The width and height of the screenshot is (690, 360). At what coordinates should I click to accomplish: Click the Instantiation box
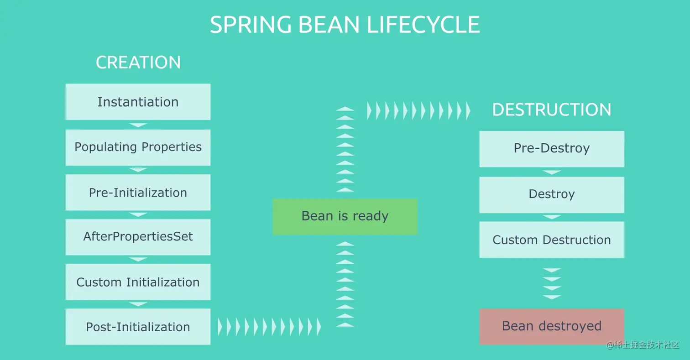click(x=138, y=102)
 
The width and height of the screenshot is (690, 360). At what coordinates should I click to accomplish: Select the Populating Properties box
click(x=138, y=147)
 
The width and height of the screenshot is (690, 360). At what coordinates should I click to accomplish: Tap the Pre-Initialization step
click(x=138, y=193)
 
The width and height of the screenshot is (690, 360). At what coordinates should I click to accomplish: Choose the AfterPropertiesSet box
click(x=138, y=237)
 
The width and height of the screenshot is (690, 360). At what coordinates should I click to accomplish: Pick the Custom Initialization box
click(x=138, y=282)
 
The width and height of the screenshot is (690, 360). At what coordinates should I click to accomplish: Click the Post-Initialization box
click(x=138, y=327)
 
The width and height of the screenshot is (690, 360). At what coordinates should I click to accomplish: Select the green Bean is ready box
click(x=345, y=216)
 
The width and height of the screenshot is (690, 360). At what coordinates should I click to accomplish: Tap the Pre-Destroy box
click(x=552, y=149)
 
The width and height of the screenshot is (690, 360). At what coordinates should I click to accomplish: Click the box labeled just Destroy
click(x=552, y=194)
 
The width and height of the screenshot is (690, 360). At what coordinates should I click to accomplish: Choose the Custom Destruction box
click(x=552, y=240)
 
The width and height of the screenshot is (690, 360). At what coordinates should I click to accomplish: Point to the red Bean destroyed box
click(x=552, y=326)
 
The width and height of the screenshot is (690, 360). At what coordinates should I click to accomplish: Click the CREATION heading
click(x=138, y=63)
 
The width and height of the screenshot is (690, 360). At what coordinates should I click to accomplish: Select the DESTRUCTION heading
click(x=552, y=110)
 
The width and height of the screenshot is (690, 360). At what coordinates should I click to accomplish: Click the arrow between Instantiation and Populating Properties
click(x=138, y=125)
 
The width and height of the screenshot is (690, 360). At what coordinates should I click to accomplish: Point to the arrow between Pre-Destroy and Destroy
click(x=552, y=172)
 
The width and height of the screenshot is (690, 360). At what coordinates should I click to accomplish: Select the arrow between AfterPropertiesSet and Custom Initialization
click(x=138, y=259)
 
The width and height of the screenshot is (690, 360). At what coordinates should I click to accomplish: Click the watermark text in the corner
click(x=643, y=344)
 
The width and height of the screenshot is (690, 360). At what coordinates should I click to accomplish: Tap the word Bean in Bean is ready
click(x=317, y=216)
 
